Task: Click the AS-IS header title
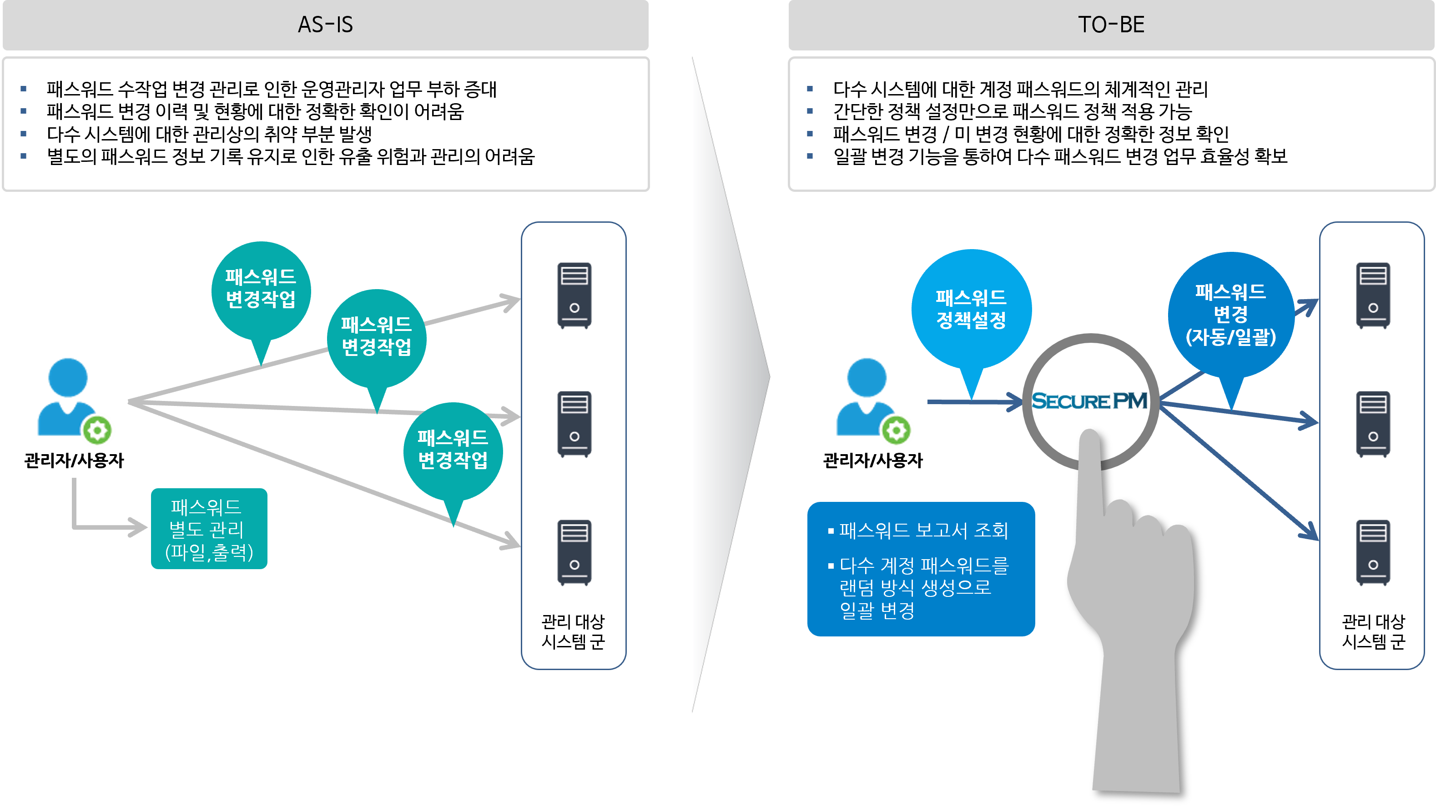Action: [326, 25]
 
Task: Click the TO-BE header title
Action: [1111, 25]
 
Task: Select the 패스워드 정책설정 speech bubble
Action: [971, 309]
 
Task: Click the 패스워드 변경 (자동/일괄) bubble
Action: [1231, 315]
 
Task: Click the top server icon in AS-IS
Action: [574, 295]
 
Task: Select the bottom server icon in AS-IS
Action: [574, 552]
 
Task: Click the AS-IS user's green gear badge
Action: [97, 431]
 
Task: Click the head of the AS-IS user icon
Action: [68, 377]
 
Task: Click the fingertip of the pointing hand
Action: [1089, 440]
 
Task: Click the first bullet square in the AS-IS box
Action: [23, 89]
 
